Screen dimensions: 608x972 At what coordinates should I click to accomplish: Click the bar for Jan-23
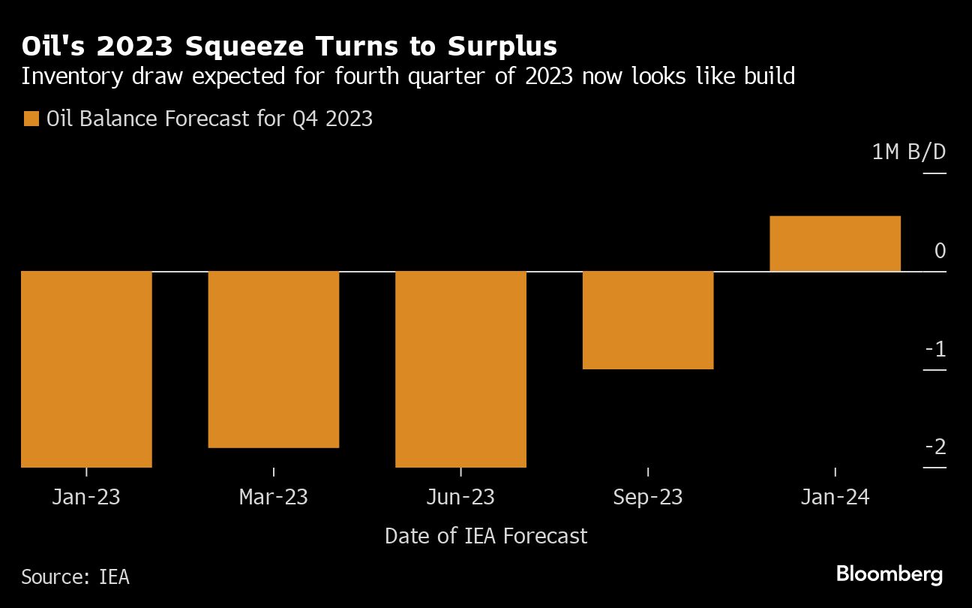[x=86, y=369]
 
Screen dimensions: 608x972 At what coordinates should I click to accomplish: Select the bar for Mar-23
[x=274, y=359]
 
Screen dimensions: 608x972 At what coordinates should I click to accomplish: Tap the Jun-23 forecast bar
[x=460, y=369]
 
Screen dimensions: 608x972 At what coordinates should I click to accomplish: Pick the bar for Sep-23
[x=648, y=320]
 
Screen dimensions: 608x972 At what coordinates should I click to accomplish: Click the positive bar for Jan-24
[x=835, y=243]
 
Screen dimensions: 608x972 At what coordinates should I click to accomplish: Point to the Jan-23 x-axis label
[x=86, y=497]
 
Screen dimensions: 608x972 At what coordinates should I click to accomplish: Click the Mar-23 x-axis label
[x=274, y=497]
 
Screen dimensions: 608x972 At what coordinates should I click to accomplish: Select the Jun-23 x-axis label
[x=460, y=497]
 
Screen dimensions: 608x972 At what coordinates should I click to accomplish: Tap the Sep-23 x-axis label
[x=648, y=497]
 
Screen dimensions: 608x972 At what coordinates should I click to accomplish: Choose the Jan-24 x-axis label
[x=835, y=497]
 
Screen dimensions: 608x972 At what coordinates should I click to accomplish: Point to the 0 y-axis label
[x=940, y=251]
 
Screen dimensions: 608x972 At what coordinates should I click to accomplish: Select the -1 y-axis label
[x=935, y=350]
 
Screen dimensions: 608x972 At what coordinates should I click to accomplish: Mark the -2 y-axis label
[x=935, y=447]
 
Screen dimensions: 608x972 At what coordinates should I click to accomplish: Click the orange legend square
[x=31, y=119]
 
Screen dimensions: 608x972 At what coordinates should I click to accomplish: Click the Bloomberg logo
[x=889, y=575]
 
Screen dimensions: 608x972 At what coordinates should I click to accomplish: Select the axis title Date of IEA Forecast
[x=486, y=536]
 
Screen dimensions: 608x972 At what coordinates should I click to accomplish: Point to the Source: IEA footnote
[x=75, y=576]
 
